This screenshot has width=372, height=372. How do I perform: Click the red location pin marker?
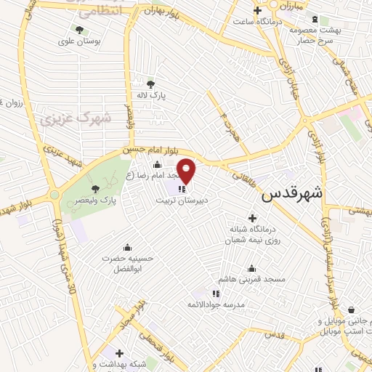[x=187, y=171]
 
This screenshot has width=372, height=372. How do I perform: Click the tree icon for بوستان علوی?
[x=79, y=30]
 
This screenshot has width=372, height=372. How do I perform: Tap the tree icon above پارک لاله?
[x=150, y=84]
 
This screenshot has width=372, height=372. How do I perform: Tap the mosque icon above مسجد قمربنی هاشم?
[x=251, y=268]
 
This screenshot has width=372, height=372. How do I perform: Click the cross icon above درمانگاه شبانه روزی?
[x=252, y=218]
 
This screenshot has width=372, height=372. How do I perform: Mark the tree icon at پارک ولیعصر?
[x=95, y=188]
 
